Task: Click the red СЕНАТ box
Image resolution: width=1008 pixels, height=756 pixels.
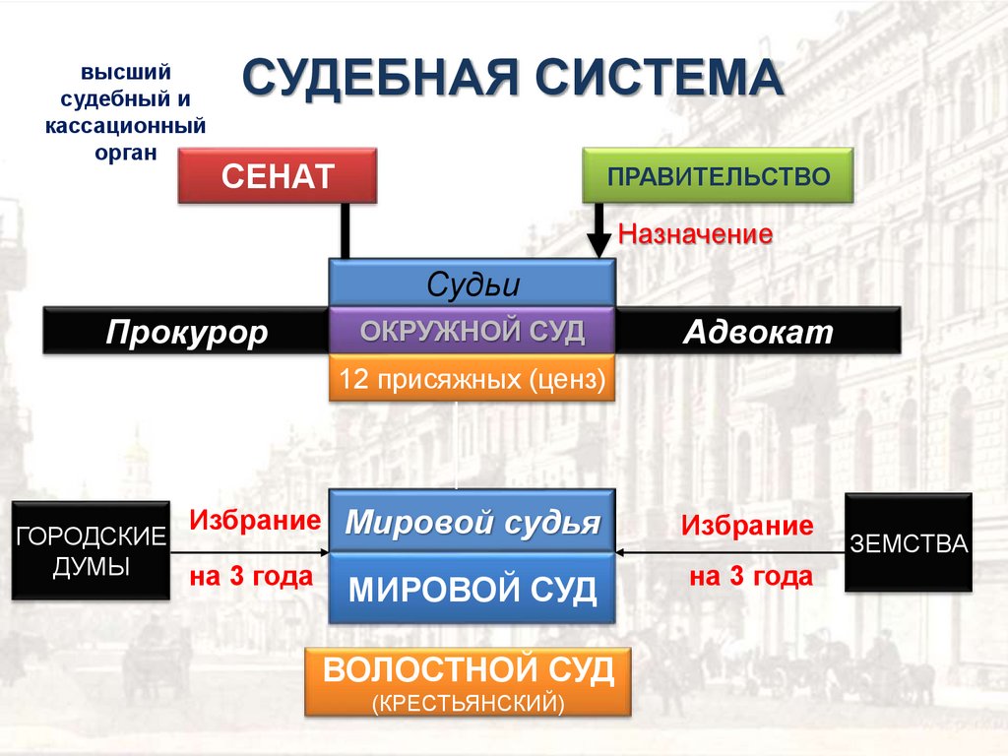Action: click(x=278, y=176)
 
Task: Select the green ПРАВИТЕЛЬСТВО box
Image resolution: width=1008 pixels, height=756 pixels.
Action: click(x=718, y=176)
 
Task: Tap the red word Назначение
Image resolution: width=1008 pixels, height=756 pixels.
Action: click(x=694, y=234)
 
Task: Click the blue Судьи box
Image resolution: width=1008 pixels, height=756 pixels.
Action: click(x=472, y=283)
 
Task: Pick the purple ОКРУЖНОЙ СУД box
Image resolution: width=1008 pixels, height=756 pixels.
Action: click(x=472, y=331)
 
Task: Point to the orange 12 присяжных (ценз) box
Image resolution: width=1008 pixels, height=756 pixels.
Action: click(x=472, y=378)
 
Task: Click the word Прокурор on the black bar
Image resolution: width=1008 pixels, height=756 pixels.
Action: click(x=187, y=332)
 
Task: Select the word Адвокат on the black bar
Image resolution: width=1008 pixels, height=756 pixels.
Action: click(x=758, y=332)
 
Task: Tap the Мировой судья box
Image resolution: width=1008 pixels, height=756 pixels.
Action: click(x=472, y=522)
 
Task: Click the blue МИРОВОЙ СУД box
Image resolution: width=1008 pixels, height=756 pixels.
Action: click(x=472, y=589)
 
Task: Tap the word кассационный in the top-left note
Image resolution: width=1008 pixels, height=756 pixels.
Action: click(x=126, y=127)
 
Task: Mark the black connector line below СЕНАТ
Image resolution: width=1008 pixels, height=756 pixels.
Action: click(x=345, y=230)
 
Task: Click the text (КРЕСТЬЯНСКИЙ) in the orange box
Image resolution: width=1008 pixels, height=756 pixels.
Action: click(x=469, y=703)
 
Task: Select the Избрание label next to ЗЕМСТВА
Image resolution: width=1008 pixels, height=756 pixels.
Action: click(x=748, y=526)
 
